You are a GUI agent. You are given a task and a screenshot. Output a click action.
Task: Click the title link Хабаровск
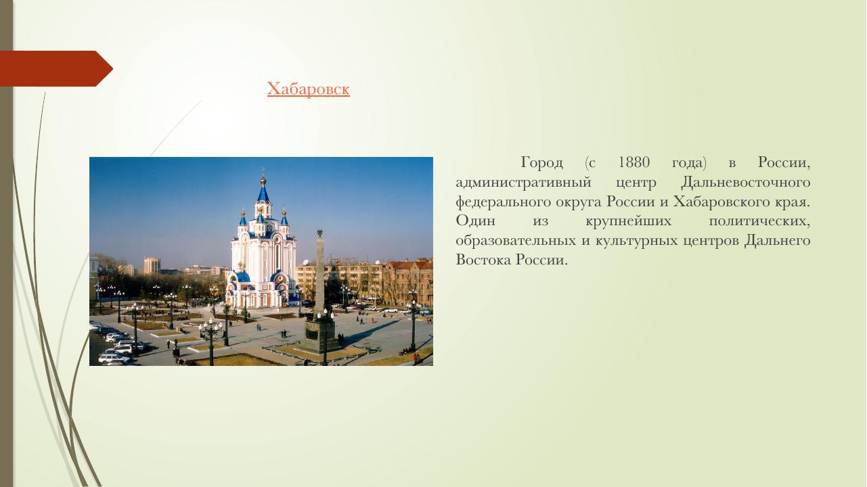pos(308,89)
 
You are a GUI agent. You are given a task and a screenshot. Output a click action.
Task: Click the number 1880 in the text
pos(633,162)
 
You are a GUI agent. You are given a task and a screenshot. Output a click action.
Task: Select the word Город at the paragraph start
pos(541,162)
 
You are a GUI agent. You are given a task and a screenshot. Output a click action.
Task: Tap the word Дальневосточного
pos(745,182)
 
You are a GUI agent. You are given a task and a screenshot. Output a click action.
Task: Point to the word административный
pos(523,182)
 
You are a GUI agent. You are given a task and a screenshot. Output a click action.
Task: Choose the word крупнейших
pos(628,221)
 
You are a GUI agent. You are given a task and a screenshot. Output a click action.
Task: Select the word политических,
pos(759,221)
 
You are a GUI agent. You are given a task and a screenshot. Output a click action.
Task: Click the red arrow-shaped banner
pos(54,68)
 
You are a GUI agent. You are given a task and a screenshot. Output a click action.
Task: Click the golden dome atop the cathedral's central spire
pos(263,181)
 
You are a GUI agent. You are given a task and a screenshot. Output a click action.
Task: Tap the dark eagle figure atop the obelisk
pos(319,233)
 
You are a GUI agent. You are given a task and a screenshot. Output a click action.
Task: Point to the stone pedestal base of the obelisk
pos(319,335)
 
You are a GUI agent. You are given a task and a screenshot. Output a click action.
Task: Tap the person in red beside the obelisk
pos(415,357)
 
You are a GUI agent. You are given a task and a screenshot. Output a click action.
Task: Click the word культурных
pos(636,241)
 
